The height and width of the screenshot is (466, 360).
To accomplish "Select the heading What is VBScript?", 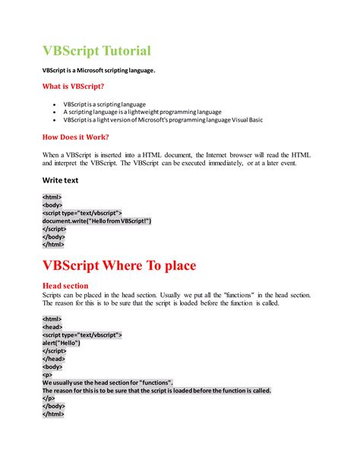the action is pyautogui.click(x=73, y=87).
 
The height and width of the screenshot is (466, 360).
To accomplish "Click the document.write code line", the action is pyautogui.click(x=96, y=220).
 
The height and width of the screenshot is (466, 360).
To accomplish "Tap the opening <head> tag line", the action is pyautogui.click(x=52, y=326).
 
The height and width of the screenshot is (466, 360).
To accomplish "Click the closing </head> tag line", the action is pyautogui.click(x=53, y=358).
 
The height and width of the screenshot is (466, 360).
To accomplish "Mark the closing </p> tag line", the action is pyautogui.click(x=49, y=398).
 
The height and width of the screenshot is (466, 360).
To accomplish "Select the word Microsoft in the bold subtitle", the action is pyautogui.click(x=94, y=70).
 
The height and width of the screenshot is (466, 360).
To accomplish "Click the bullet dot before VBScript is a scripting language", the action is pyautogui.click(x=54, y=103).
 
